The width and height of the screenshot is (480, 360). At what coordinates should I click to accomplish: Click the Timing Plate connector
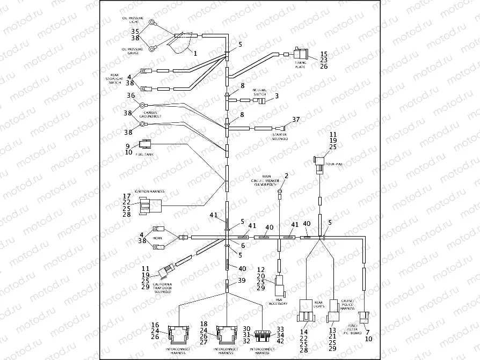300,54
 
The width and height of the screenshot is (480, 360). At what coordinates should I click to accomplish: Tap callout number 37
295,119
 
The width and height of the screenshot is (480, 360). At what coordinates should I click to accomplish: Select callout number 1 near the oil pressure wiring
195,53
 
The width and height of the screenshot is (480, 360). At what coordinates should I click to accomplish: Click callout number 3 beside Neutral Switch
277,97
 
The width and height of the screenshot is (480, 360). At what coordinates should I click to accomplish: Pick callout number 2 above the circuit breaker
286,175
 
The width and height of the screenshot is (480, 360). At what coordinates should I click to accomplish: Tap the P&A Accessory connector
280,283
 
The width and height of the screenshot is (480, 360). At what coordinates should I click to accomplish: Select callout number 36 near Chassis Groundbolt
130,95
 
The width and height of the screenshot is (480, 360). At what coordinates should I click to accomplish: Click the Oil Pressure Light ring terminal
152,23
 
